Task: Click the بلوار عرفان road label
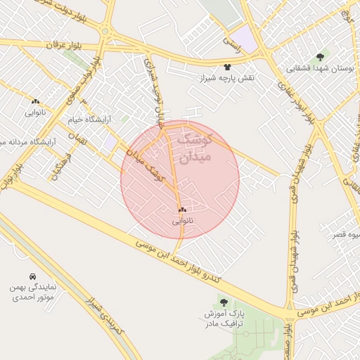[x=58, y=44]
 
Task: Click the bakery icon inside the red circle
[x=182, y=210]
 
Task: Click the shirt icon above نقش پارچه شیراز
[x=227, y=66]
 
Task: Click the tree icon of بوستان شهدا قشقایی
[x=320, y=56]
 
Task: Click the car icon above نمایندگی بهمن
[x=32, y=276]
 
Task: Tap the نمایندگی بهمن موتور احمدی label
[x=32, y=292]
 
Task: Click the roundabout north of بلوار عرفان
[x=105, y=31]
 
